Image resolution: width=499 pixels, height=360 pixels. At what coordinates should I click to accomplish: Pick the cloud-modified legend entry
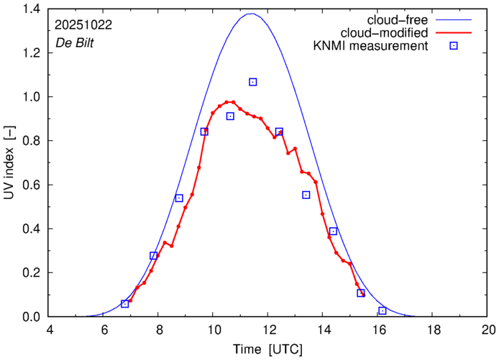point(390,33)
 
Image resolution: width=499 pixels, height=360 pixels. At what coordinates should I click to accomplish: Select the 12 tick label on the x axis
point(269,330)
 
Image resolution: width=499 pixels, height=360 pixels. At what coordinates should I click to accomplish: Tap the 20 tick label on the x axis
point(488,330)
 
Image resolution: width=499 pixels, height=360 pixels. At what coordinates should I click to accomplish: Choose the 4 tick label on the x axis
point(50,330)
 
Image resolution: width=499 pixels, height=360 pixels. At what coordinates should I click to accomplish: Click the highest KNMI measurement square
point(253,82)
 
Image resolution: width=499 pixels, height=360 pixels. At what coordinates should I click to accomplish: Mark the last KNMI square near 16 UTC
point(383,310)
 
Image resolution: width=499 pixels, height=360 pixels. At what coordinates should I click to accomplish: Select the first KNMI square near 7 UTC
point(125,304)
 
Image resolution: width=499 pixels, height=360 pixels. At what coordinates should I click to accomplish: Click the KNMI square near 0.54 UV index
point(179,198)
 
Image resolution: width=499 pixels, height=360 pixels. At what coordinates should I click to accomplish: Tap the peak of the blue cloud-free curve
point(251,14)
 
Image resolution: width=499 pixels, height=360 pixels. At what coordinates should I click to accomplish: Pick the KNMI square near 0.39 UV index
point(334,231)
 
